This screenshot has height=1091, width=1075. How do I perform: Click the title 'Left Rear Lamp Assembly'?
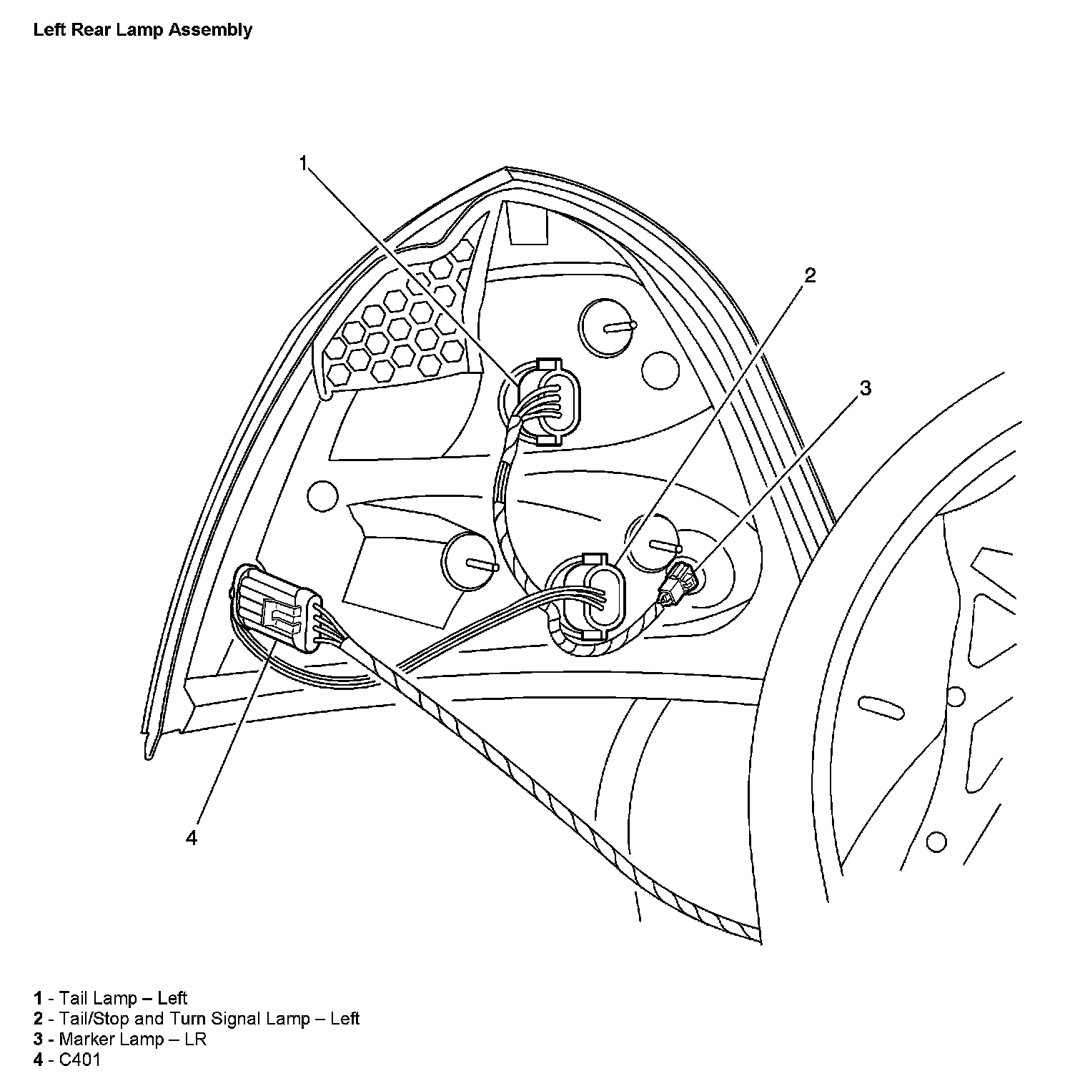tap(142, 30)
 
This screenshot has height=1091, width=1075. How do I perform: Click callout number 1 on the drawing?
tap(303, 164)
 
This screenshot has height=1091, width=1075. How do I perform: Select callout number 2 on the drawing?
tap(810, 275)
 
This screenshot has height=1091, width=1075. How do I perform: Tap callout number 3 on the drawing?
tap(865, 388)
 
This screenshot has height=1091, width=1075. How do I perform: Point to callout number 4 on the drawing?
tap(191, 837)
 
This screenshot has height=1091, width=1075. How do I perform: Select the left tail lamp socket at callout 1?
tap(549, 403)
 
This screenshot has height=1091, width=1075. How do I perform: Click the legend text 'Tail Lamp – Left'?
tap(122, 998)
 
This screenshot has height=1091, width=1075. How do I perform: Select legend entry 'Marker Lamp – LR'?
tap(132, 1039)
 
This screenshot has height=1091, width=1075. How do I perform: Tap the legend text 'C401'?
tap(79, 1060)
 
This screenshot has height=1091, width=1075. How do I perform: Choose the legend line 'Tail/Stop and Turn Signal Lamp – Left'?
tap(209, 1019)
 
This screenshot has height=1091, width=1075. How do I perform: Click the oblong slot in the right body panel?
tap(882, 705)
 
